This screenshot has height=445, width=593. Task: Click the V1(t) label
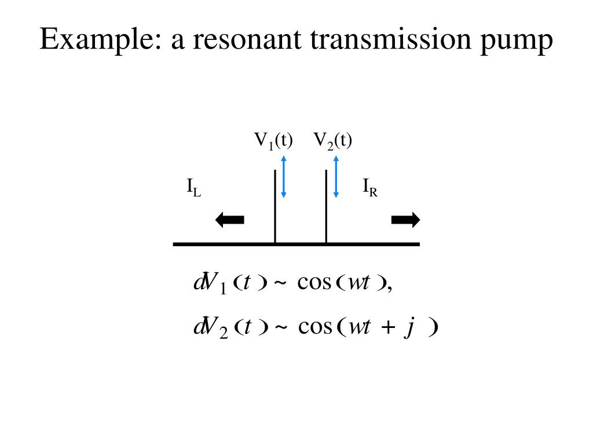(x=274, y=141)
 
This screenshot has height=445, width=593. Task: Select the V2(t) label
(x=333, y=141)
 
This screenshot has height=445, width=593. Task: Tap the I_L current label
(x=193, y=188)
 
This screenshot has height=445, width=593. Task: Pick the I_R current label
(x=370, y=188)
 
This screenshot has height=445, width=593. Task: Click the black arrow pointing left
(x=230, y=220)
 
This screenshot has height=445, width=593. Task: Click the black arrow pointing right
(x=405, y=220)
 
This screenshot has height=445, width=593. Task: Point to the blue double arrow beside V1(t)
(x=284, y=177)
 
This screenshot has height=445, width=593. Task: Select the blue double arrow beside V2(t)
(x=336, y=177)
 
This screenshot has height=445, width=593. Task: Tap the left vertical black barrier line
(x=275, y=206)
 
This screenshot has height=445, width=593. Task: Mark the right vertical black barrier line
(x=327, y=206)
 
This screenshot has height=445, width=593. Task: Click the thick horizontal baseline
(x=296, y=245)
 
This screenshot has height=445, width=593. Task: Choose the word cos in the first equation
(x=313, y=283)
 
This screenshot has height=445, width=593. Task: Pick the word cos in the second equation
(x=315, y=328)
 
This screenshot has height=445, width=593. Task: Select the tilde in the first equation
(x=280, y=284)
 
